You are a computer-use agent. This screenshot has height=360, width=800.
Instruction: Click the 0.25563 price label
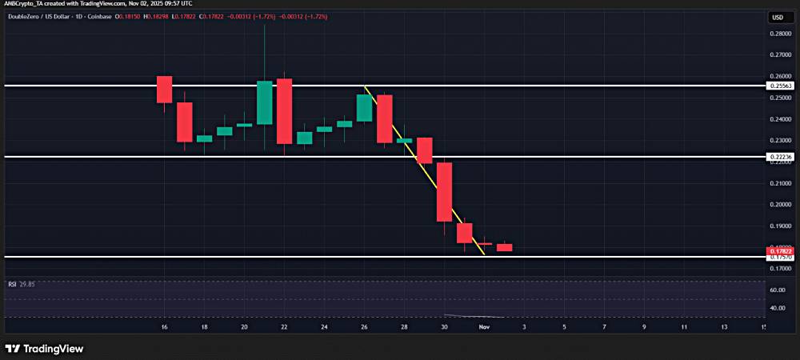coord(778,86)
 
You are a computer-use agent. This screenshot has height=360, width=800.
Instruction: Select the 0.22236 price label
coord(778,157)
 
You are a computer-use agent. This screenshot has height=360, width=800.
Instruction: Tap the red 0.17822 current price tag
coord(778,251)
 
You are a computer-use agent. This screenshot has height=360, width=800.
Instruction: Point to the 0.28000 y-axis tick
coord(778,34)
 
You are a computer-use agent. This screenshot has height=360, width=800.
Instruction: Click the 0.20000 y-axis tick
coord(778,204)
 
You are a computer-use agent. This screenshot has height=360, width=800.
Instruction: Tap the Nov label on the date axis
coord(483,328)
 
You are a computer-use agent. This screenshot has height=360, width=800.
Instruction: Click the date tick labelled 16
coord(164,328)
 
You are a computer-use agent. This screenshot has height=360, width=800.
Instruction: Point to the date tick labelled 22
coord(284,328)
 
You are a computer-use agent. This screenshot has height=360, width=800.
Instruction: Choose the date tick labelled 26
coord(364,328)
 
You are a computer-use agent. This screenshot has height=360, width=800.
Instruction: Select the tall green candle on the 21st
coord(265,102)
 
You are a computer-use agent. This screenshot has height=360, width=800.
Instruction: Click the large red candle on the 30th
coord(445,192)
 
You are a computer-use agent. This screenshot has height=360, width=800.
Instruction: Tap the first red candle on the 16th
coord(165,89)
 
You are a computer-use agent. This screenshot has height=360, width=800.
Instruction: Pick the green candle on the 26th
coord(364,108)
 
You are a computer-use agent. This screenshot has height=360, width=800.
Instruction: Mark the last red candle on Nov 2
coord(504,247)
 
